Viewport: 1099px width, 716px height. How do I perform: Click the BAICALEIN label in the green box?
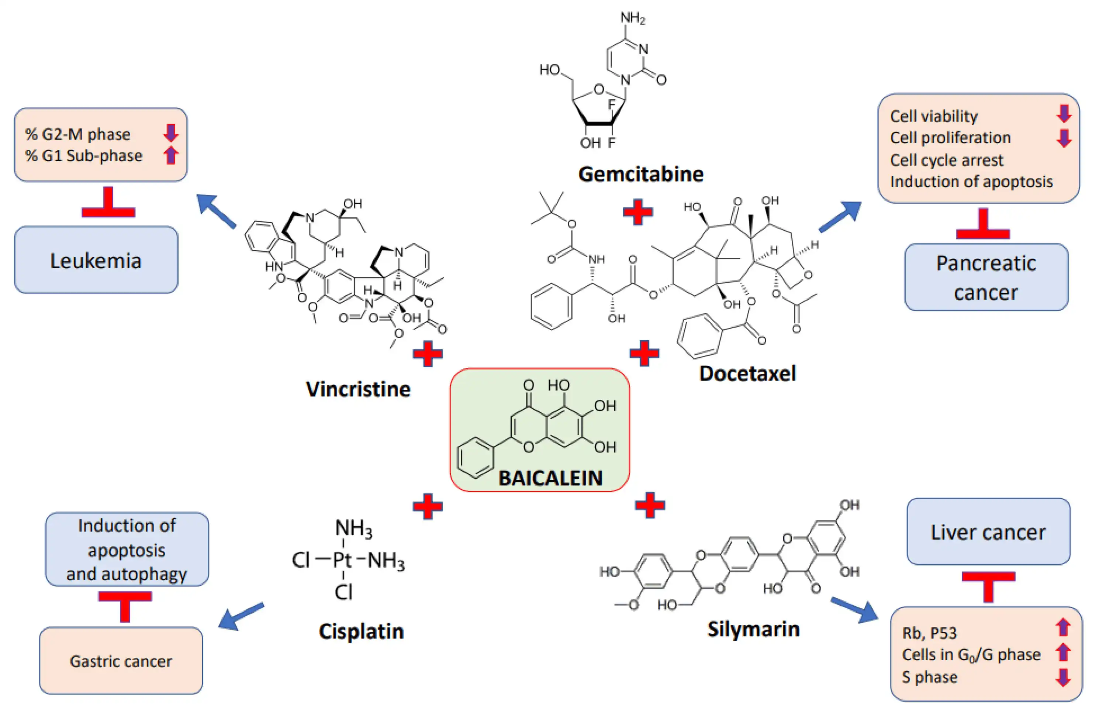tap(550, 478)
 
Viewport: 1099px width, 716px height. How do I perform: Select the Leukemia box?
tap(96, 261)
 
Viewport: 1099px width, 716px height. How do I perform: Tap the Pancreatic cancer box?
tap(986, 277)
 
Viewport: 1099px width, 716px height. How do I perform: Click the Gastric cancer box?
tap(121, 661)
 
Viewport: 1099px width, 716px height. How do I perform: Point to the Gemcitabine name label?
tap(640, 174)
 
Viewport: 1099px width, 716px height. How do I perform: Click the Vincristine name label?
tap(358, 389)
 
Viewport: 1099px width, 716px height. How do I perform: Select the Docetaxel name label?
tap(747, 373)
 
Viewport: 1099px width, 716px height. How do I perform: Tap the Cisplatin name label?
tap(361, 631)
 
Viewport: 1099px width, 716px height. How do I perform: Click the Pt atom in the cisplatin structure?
tap(342, 560)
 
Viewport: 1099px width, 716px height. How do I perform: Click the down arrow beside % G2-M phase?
tap(170, 133)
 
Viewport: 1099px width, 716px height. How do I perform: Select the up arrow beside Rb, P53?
tap(1063, 627)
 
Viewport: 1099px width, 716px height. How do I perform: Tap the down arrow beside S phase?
tap(1063, 677)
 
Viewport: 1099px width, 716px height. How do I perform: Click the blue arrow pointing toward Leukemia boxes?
tap(216, 211)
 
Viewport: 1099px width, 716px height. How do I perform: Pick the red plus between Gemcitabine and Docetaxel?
tap(638, 212)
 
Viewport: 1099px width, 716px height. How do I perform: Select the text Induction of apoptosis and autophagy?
tap(127, 549)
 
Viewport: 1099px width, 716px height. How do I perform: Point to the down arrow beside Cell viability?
tap(1064, 114)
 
